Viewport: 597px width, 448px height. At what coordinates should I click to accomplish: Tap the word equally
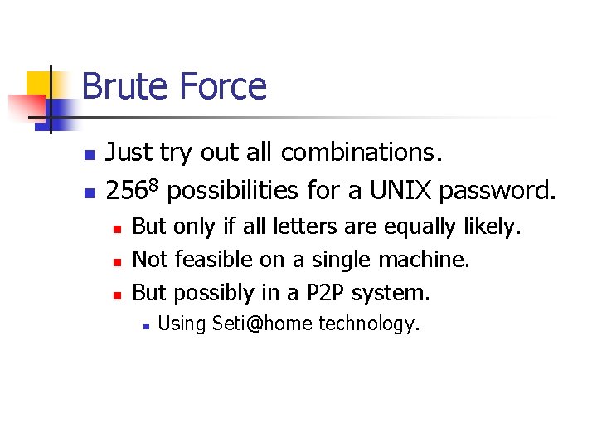point(420,226)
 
